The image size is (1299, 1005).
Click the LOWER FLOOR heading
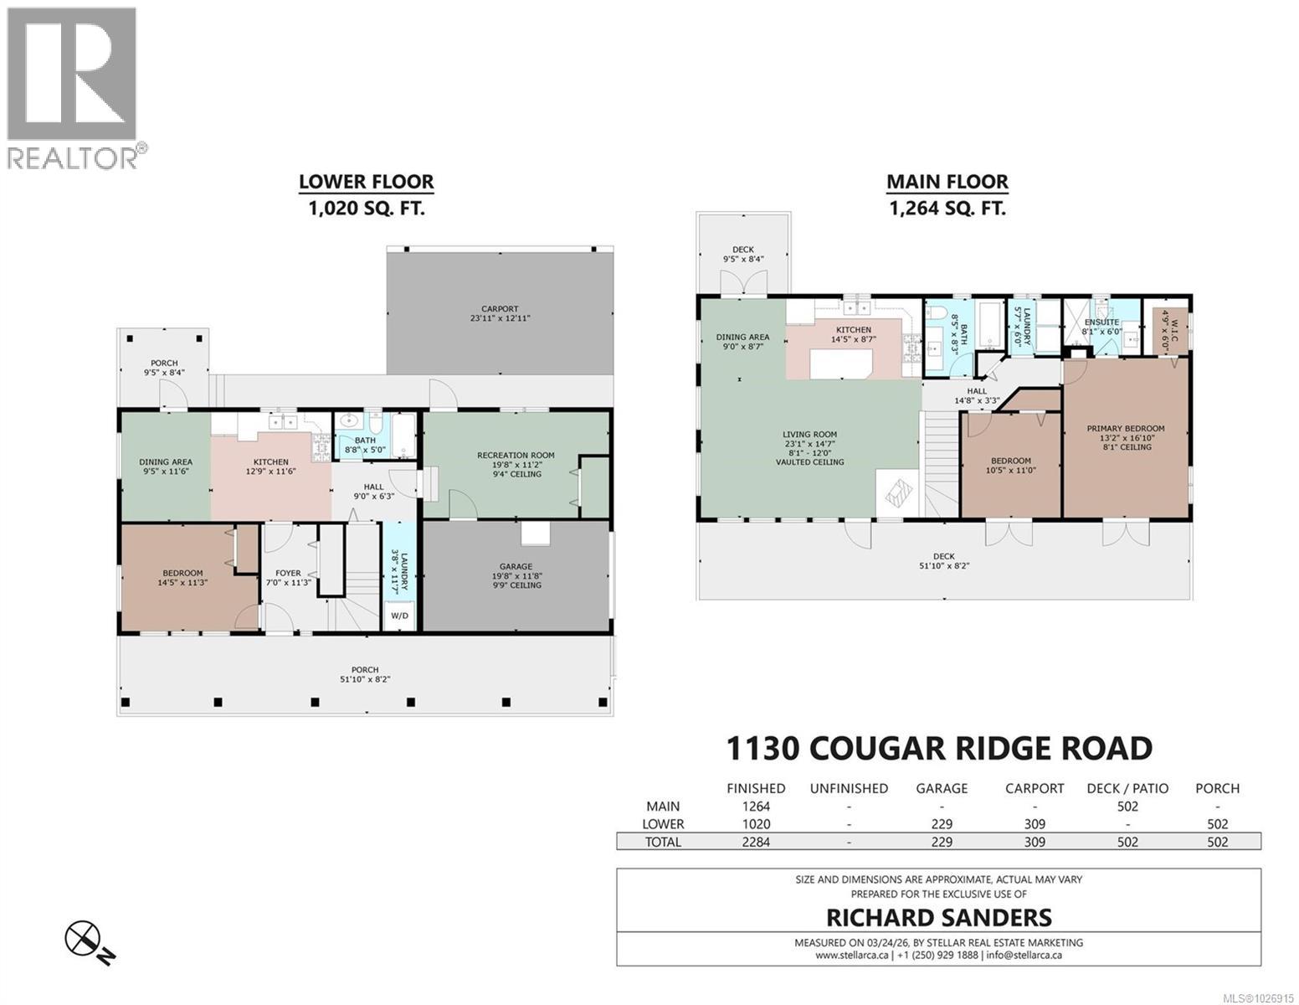[x=366, y=182]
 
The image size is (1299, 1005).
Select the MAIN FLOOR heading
[x=947, y=182]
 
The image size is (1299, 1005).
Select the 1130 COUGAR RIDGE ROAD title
[x=938, y=748]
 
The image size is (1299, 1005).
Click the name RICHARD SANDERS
[x=938, y=917]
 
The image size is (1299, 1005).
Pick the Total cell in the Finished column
[x=756, y=843]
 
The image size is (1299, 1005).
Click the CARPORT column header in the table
[x=1035, y=788]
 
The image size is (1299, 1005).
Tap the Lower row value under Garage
[x=942, y=824]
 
